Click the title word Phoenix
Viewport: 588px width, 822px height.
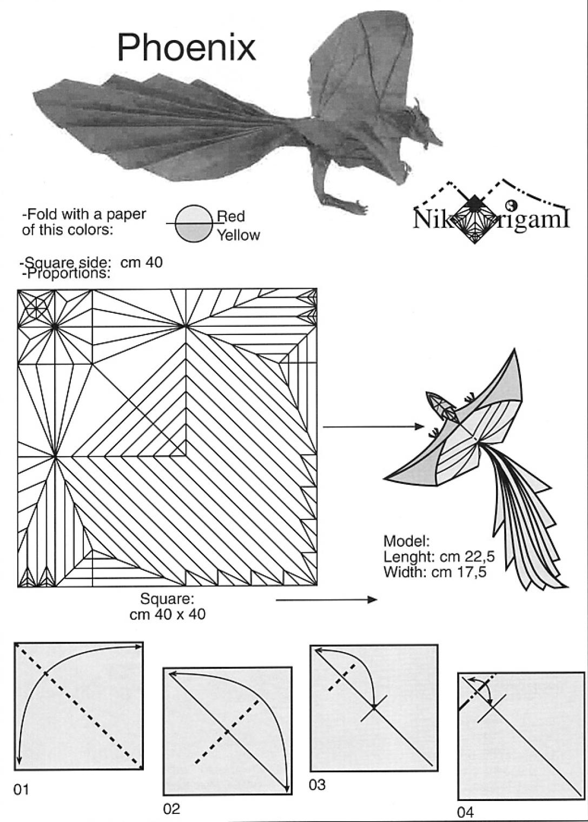click(186, 47)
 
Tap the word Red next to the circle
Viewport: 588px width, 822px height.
click(230, 216)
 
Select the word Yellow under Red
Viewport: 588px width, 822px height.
click(238, 235)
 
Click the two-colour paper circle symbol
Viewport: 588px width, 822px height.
click(193, 223)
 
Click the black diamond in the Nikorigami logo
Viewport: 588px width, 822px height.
click(474, 203)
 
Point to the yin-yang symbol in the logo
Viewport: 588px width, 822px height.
click(512, 205)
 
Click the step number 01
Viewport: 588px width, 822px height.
click(21, 790)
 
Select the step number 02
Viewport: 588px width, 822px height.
click(171, 809)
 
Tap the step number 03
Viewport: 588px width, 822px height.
click(317, 784)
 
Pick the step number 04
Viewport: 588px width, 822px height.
click(465, 812)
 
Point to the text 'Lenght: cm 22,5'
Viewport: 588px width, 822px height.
click(439, 556)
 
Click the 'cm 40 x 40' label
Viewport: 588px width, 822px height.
click(167, 614)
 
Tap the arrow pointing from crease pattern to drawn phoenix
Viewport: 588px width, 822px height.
click(373, 427)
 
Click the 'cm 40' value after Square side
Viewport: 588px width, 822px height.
click(141, 262)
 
